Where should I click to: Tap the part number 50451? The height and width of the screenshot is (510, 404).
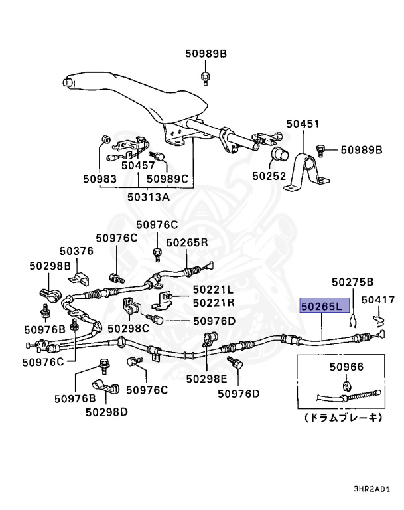pos(303,124)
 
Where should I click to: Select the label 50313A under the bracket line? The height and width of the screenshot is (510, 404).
pos(149,197)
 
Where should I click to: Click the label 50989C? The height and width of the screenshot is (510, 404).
pos(168,179)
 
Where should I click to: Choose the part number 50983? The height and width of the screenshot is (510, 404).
pos(100,179)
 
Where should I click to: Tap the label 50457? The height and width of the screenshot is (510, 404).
pos(138,165)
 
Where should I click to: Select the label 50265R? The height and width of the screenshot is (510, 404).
pos(187,242)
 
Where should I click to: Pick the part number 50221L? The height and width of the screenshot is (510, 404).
pos(214,290)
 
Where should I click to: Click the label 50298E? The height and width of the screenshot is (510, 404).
pos(206,379)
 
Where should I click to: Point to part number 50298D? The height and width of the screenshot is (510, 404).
pos(107,412)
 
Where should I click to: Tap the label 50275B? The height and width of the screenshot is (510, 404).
pos(353,282)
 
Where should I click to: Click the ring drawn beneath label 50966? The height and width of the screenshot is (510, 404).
pos(347,384)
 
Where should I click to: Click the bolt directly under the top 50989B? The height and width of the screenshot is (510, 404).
pos(206,78)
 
